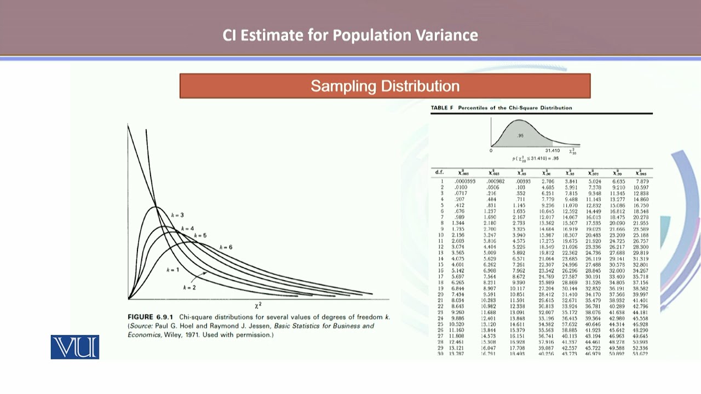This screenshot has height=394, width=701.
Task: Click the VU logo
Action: point(75,347)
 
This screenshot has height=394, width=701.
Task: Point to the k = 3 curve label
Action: point(177,215)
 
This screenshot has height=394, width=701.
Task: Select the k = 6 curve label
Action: point(226,247)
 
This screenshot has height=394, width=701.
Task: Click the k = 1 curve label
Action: point(173,270)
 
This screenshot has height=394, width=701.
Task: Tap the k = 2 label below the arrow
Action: point(189,287)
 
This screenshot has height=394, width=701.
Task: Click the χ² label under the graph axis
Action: point(258,305)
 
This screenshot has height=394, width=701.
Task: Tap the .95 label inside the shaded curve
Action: point(520,136)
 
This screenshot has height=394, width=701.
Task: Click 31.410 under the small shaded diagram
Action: point(552,150)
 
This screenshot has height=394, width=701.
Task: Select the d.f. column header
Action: point(439,173)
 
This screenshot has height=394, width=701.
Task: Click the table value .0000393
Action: point(465,181)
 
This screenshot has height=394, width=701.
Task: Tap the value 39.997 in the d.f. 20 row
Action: point(640,294)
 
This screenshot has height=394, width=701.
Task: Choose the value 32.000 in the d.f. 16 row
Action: point(617,270)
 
